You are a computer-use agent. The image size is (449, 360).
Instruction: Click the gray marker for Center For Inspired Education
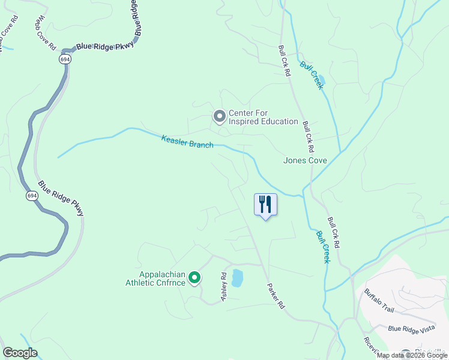tap(219, 115)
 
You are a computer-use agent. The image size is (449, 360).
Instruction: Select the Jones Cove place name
tap(305, 161)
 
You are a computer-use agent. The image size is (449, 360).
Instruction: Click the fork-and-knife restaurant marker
tap(265, 205)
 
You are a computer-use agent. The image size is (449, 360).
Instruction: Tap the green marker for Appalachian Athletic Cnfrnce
tap(194, 278)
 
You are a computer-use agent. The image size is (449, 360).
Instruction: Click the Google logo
tap(20, 353)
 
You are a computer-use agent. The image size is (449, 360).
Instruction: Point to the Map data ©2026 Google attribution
tap(412, 356)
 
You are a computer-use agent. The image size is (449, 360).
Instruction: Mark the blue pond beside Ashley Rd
tap(237, 278)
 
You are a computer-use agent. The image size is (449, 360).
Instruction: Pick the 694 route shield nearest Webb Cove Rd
tap(64, 59)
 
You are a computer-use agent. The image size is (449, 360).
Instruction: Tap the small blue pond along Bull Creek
tap(322, 80)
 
